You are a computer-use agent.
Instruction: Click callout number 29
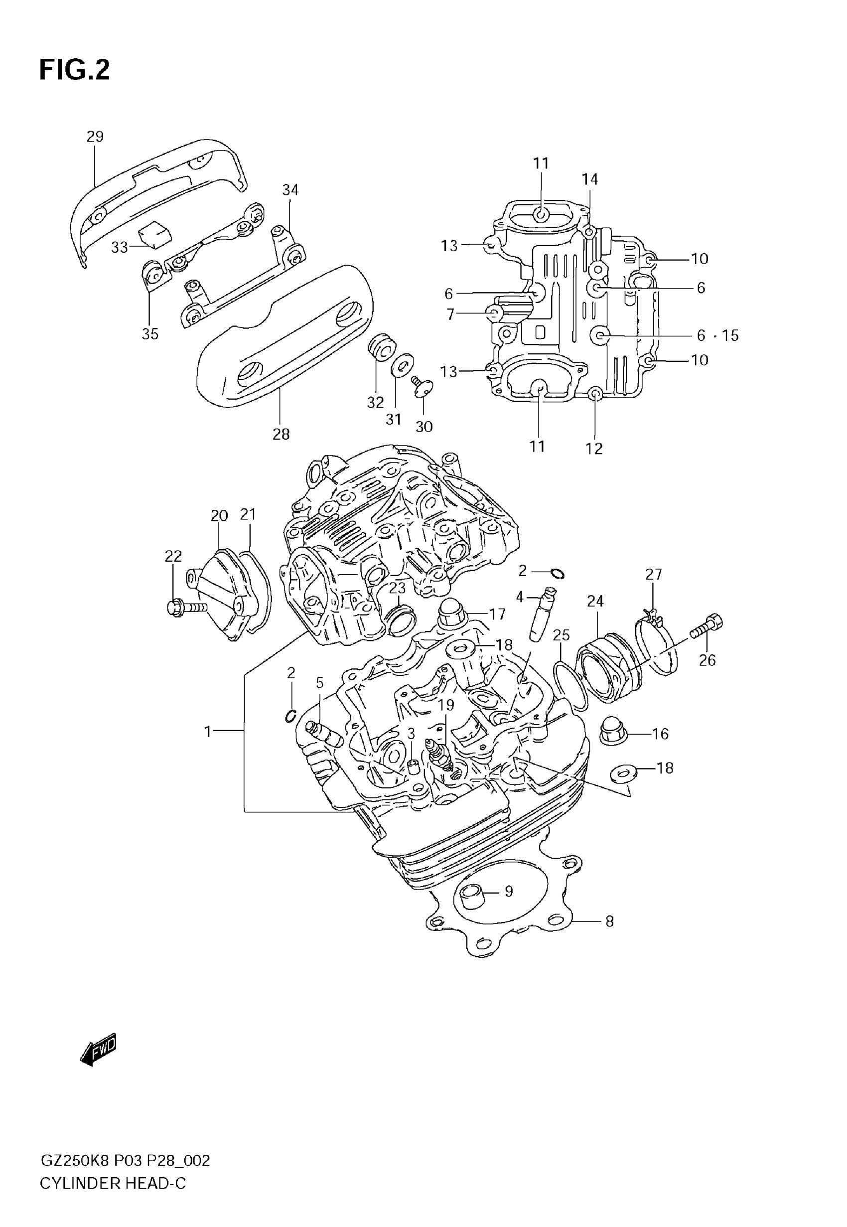[95, 137]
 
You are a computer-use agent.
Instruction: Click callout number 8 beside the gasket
[609, 921]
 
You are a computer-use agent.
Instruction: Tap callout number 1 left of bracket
[208, 732]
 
